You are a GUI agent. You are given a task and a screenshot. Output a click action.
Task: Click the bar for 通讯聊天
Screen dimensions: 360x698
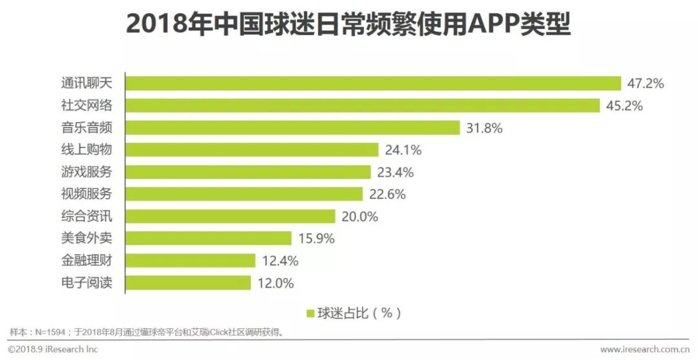point(373,83)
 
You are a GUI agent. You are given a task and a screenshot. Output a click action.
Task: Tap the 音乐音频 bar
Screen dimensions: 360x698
point(292,128)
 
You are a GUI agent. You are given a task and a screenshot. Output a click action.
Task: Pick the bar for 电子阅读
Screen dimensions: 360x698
point(188,282)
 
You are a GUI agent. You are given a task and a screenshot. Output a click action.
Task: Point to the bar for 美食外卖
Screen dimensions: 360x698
point(208,238)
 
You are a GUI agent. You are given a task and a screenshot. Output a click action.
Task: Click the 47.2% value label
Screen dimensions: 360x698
point(646,84)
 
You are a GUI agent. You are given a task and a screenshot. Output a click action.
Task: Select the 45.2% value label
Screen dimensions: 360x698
point(625,106)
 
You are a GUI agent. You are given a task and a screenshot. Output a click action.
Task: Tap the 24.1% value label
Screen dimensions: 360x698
point(403,150)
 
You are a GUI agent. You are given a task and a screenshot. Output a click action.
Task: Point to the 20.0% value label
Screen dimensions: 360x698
point(360,217)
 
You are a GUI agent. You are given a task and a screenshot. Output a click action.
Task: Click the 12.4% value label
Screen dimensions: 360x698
point(280,260)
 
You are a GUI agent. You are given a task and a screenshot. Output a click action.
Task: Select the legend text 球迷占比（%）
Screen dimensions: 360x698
point(359,313)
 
